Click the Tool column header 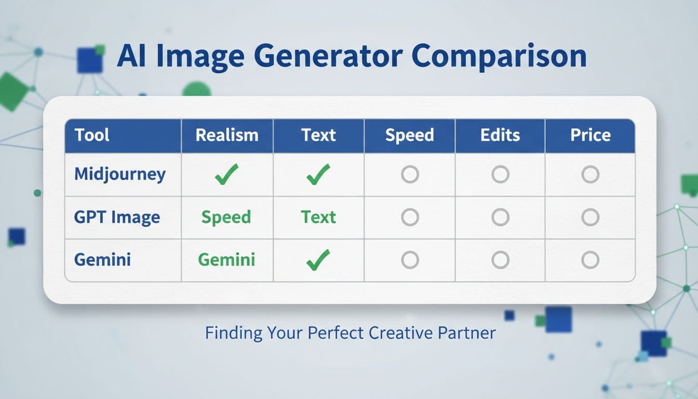[92, 135]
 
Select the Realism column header [227, 135]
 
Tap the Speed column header [409, 135]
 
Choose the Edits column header [500, 135]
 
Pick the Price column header [590, 135]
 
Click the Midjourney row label [120, 174]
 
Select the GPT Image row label [117, 217]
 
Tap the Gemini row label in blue [102, 259]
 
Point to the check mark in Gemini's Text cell [318, 259]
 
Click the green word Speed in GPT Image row [226, 217]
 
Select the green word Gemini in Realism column [226, 259]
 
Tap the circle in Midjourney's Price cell [590, 175]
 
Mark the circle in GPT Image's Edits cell [500, 217]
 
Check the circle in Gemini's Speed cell [410, 260]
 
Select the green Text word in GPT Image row [318, 217]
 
